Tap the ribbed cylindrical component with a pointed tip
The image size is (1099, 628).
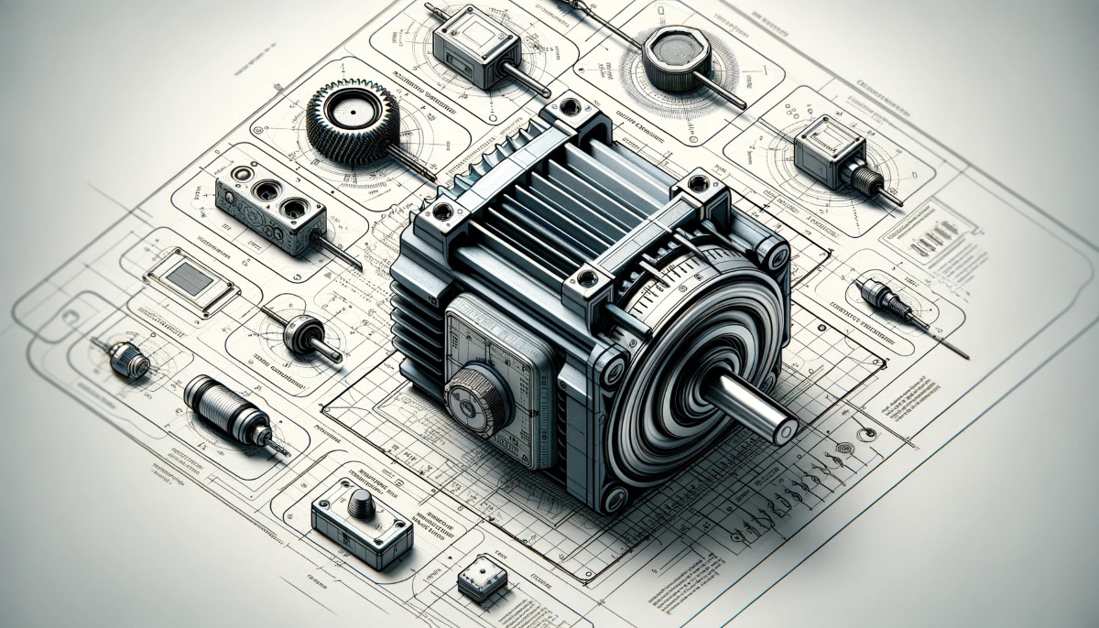coord(224,406)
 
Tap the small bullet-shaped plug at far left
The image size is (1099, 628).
coord(127,360)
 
